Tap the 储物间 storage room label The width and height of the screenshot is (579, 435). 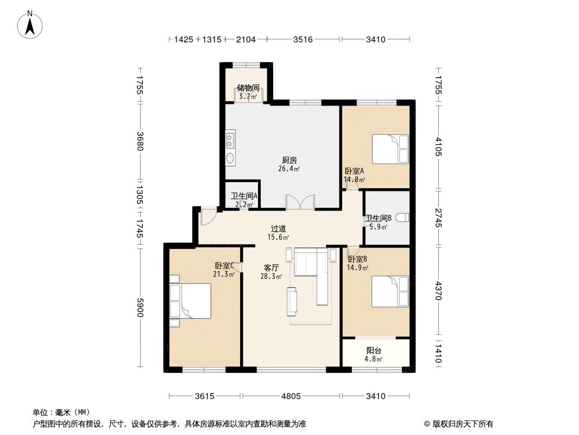(x=248, y=87)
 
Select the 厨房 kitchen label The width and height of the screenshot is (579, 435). (x=289, y=160)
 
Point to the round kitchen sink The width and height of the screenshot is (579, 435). (x=230, y=158)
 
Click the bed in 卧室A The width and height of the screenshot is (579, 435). (x=389, y=148)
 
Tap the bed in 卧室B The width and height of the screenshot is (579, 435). (x=389, y=291)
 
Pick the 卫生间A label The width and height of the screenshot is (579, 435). (x=244, y=196)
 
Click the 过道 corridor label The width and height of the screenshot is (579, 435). (x=279, y=229)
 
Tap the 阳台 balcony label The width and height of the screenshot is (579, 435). (x=374, y=351)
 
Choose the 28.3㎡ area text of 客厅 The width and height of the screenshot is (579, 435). (x=270, y=277)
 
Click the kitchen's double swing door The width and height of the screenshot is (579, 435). (x=300, y=202)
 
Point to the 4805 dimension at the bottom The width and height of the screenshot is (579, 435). (x=291, y=396)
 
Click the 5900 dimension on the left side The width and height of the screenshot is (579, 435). (x=140, y=308)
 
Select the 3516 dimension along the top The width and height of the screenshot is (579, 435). (x=303, y=40)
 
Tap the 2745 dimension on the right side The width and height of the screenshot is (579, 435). (x=438, y=217)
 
